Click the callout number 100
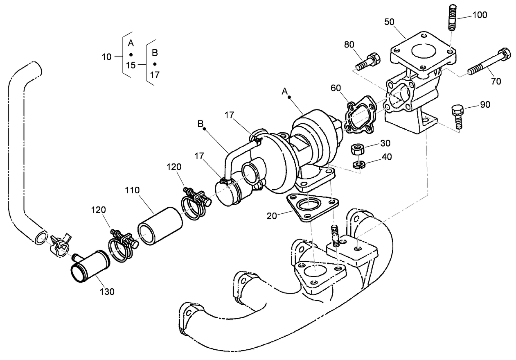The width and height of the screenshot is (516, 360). pos(480,15)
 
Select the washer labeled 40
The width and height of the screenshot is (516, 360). pos(359,165)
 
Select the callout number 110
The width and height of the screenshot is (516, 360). pos(132,190)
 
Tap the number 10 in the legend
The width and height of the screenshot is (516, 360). pos(106,57)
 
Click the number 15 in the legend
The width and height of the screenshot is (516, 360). pos(131,65)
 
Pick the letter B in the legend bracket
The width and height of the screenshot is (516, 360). pos(155,53)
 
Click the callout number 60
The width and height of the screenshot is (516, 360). pos(336,88)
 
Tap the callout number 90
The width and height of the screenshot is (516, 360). pos(485,104)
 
